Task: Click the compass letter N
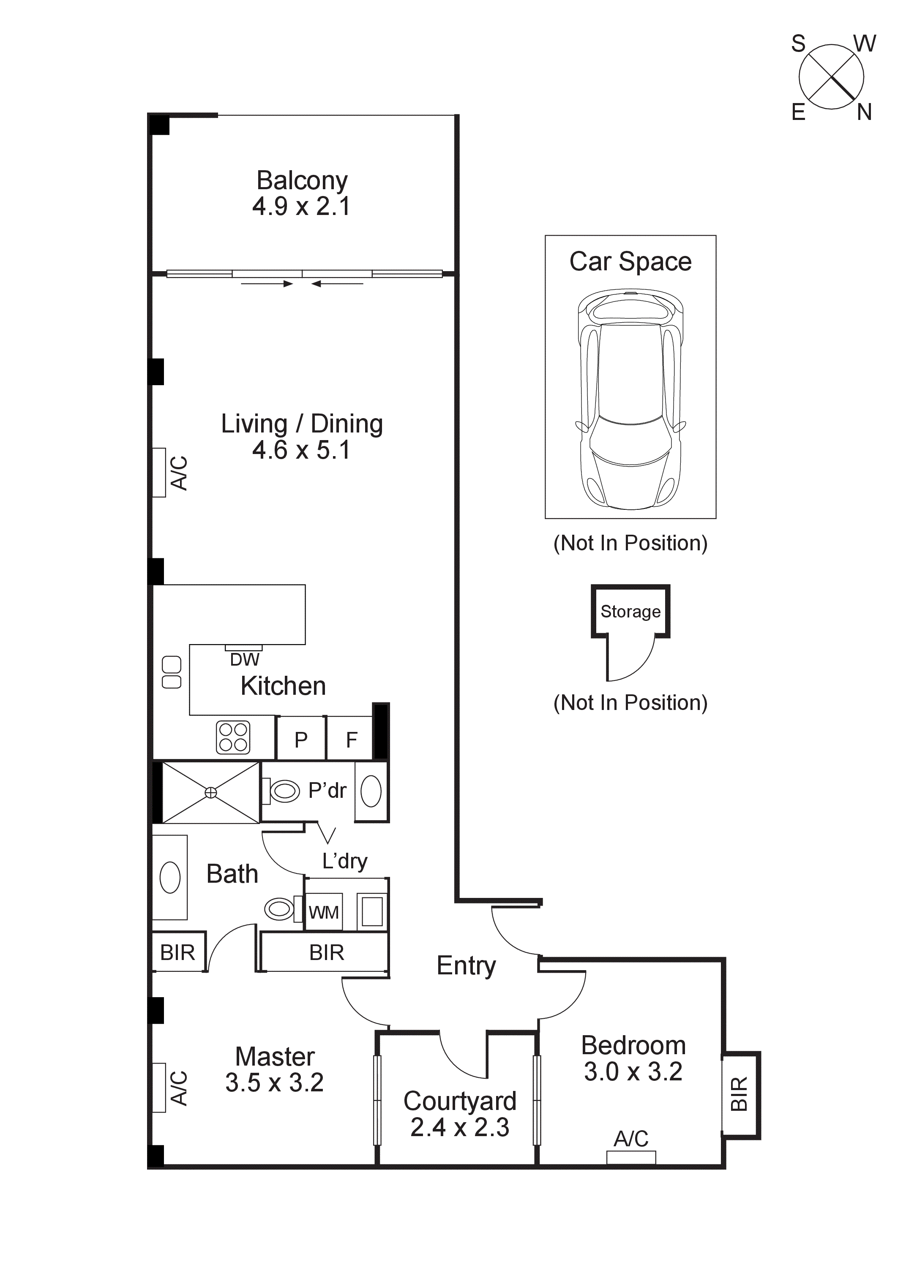pyautogui.click(x=864, y=113)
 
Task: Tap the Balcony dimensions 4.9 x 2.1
pyautogui.click(x=301, y=207)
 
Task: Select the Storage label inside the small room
pyautogui.click(x=630, y=612)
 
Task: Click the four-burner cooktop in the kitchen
pyautogui.click(x=233, y=737)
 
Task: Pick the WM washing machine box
pyautogui.click(x=324, y=913)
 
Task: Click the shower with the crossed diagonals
pyautogui.click(x=210, y=792)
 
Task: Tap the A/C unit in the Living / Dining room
pyautogui.click(x=160, y=473)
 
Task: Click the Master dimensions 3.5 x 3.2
pyautogui.click(x=274, y=1082)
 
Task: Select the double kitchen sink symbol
pyautogui.click(x=172, y=672)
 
